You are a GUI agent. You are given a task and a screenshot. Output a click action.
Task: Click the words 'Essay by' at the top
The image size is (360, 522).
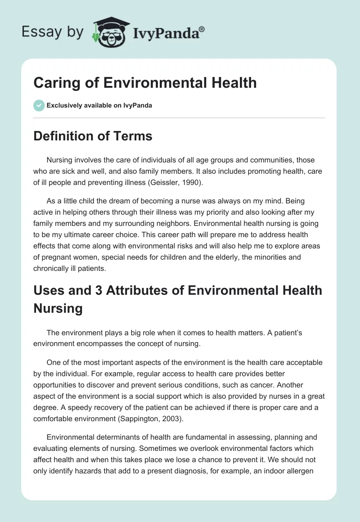[x=54, y=32]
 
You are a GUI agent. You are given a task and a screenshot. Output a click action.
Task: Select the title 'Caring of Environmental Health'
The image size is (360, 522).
[x=145, y=83]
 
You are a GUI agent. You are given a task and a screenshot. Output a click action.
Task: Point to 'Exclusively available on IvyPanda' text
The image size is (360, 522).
[x=99, y=105]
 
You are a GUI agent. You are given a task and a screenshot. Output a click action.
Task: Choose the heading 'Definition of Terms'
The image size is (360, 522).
[x=93, y=136]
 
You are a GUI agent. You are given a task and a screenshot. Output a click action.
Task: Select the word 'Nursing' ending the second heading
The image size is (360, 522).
[x=58, y=308]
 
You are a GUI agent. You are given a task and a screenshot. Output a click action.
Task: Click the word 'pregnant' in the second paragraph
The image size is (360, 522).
[x=60, y=257]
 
